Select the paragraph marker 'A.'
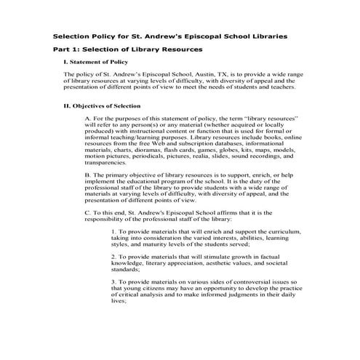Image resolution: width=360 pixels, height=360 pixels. coord(88,117)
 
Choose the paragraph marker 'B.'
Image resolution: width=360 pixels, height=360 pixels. coord(88,175)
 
